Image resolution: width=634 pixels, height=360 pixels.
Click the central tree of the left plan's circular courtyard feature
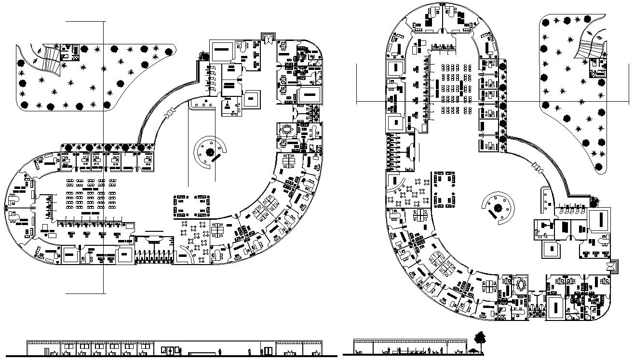point(210,152)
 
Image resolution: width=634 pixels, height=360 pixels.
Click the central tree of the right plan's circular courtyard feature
point(498,208)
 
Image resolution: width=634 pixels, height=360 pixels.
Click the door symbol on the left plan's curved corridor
point(170,114)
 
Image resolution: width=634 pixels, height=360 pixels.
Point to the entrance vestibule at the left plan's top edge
point(267,38)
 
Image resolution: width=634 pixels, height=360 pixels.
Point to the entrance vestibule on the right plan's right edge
point(613,266)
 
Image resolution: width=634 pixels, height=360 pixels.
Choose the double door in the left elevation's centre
point(168,350)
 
